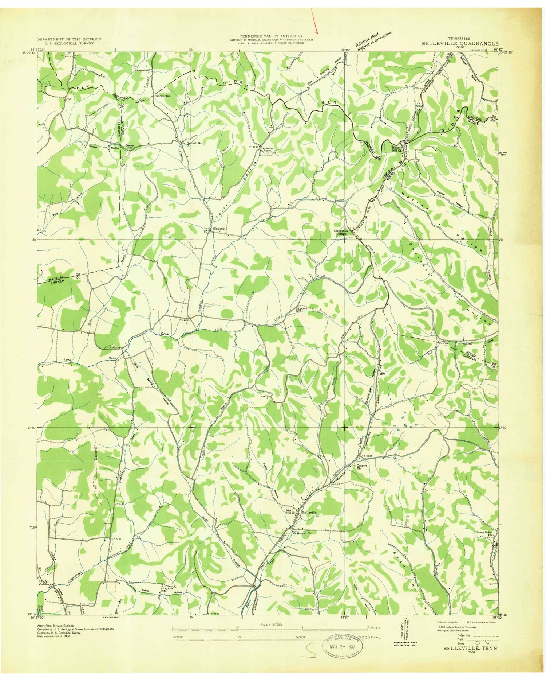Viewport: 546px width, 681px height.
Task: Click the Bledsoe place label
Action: click(218, 229)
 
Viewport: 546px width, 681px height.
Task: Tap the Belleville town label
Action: click(309, 512)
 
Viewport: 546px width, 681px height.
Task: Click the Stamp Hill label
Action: click(130, 147)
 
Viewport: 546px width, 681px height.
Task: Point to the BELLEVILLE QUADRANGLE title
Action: click(460, 43)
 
